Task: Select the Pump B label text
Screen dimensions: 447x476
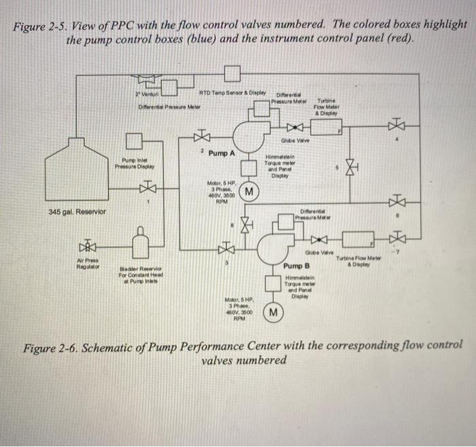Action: point(296,266)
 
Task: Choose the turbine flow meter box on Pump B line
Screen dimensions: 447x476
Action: point(360,239)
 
